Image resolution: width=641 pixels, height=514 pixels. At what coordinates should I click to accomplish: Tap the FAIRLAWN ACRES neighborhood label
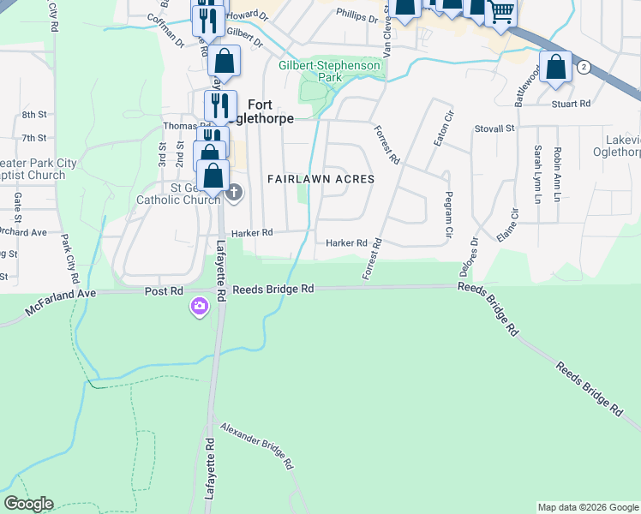pos(320,179)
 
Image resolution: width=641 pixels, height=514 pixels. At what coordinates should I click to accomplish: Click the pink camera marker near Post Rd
pos(201,306)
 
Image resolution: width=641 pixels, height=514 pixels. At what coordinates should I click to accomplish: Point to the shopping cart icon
pos(501,13)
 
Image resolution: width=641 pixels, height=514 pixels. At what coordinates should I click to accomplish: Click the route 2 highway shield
pos(584,67)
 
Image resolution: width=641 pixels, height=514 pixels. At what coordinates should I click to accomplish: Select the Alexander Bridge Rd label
pos(257,446)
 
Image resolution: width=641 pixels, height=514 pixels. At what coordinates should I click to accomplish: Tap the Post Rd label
pos(165,291)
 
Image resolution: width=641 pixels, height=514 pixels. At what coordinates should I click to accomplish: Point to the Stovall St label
pos(494,128)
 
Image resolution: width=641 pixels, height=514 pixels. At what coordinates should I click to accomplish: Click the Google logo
pos(28,504)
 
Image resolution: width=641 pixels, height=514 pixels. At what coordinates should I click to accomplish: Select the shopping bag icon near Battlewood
pos(555,67)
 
